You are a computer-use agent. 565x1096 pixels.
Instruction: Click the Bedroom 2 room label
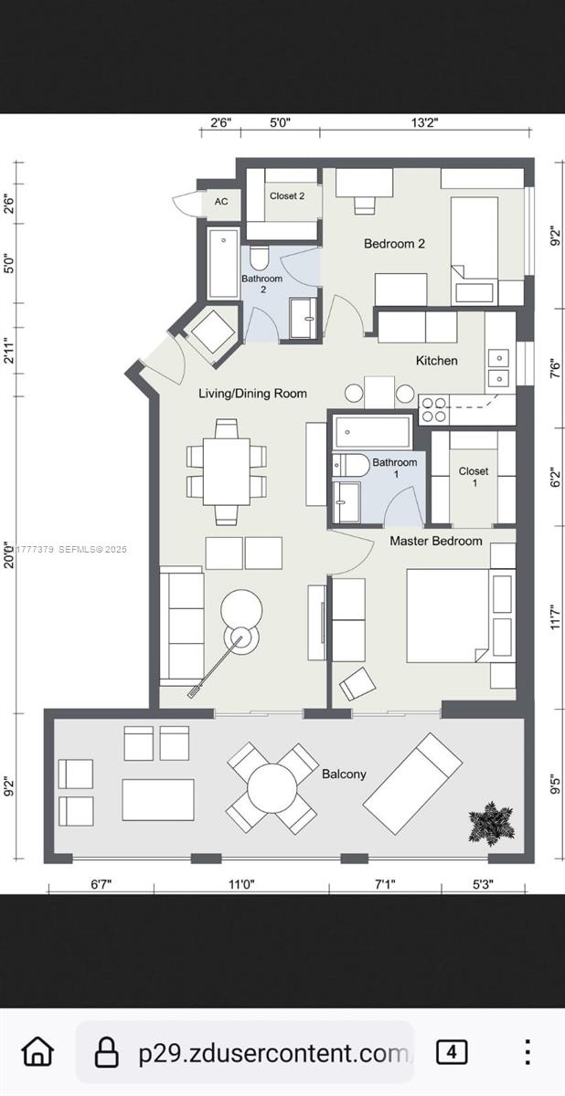point(394,244)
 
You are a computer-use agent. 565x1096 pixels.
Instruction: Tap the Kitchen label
point(436,361)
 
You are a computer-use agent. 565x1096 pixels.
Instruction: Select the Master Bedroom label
point(436,541)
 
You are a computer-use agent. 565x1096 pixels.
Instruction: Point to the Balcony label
point(344,774)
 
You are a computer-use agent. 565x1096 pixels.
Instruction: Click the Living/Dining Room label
point(253,394)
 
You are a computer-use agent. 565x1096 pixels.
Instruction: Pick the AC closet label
point(221,202)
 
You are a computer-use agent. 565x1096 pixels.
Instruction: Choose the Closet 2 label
point(287,195)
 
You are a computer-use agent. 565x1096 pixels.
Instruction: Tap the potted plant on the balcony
point(491,822)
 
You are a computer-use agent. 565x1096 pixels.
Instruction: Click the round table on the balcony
point(272,788)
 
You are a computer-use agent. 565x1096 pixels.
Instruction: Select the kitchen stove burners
point(433,409)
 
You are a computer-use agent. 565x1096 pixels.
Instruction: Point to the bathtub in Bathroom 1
point(372,431)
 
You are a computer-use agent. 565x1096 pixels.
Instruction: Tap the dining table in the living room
point(227,471)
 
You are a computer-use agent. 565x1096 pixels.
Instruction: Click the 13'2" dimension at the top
point(425,122)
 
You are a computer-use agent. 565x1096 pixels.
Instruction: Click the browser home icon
point(37,1051)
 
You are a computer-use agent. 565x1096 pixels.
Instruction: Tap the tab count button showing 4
point(451,1052)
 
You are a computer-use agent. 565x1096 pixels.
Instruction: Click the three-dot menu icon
point(527,1052)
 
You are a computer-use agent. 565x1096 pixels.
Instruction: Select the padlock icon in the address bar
point(108,1052)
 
